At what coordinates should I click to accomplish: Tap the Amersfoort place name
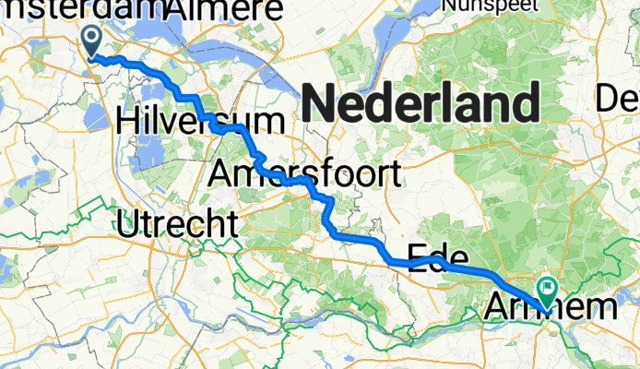click(x=305, y=173)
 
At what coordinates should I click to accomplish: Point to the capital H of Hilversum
click(x=128, y=120)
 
